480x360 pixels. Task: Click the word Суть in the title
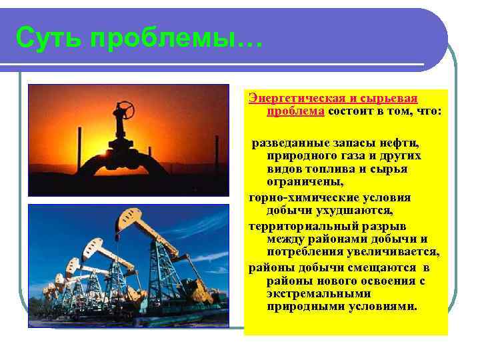tap(47, 38)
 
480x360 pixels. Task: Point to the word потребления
tap(303, 252)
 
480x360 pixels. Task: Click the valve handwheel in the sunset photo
tap(125, 108)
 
